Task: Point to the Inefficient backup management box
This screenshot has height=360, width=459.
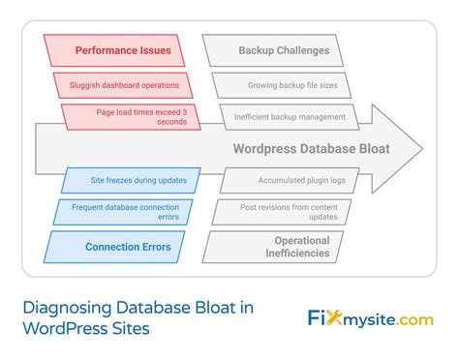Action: click(290, 117)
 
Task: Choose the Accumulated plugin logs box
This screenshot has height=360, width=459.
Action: click(290, 179)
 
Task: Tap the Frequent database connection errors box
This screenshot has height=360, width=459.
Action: click(125, 211)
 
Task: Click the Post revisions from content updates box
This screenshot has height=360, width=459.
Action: click(282, 211)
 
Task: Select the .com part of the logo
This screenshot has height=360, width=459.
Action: click(413, 319)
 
